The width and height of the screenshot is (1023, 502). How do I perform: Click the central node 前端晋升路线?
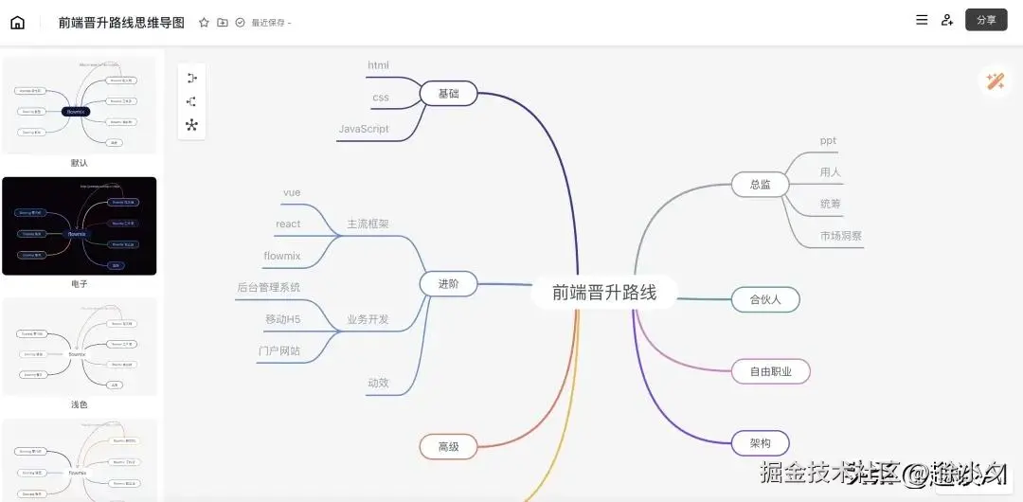(x=604, y=293)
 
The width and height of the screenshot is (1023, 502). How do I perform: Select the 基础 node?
(x=448, y=94)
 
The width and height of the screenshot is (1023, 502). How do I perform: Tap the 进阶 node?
(x=448, y=284)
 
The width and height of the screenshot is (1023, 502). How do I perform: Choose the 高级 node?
(x=448, y=445)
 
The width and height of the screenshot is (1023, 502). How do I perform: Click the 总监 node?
(x=760, y=185)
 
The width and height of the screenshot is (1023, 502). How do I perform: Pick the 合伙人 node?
(x=764, y=299)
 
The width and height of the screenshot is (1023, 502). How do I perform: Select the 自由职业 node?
(x=770, y=371)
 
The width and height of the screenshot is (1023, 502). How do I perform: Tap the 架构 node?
(x=760, y=442)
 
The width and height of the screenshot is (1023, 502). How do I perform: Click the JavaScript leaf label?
(x=364, y=129)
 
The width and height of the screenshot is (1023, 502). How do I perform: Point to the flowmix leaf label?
(x=282, y=256)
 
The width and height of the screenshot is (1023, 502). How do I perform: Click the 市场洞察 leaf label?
(x=841, y=236)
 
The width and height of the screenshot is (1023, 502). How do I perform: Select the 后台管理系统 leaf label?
(x=269, y=287)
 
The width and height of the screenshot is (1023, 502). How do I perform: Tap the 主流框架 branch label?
(x=368, y=224)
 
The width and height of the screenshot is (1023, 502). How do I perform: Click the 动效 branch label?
(x=378, y=383)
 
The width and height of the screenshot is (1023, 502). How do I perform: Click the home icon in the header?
(x=17, y=22)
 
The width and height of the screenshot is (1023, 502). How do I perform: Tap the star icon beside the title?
(x=204, y=22)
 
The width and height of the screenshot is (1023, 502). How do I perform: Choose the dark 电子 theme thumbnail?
(x=80, y=225)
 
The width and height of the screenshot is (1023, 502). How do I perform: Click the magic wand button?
(x=995, y=81)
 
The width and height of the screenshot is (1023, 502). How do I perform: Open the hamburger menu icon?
(x=922, y=19)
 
